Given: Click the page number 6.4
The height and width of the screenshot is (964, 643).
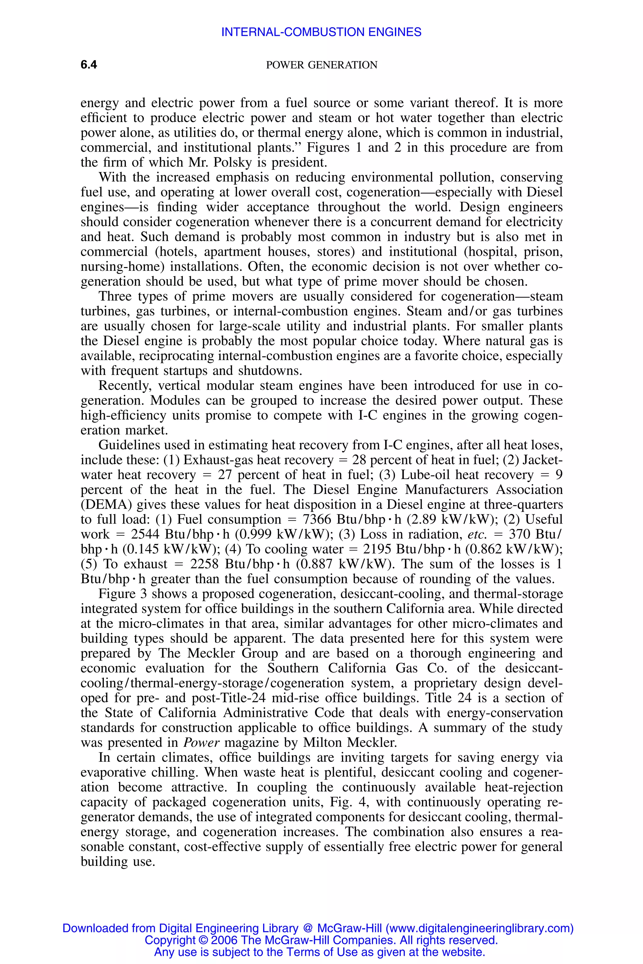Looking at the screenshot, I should [x=89, y=65].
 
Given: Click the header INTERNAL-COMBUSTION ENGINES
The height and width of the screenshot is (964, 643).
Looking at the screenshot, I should [x=321, y=32].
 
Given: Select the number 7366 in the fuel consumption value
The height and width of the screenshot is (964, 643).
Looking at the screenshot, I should [x=316, y=520].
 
